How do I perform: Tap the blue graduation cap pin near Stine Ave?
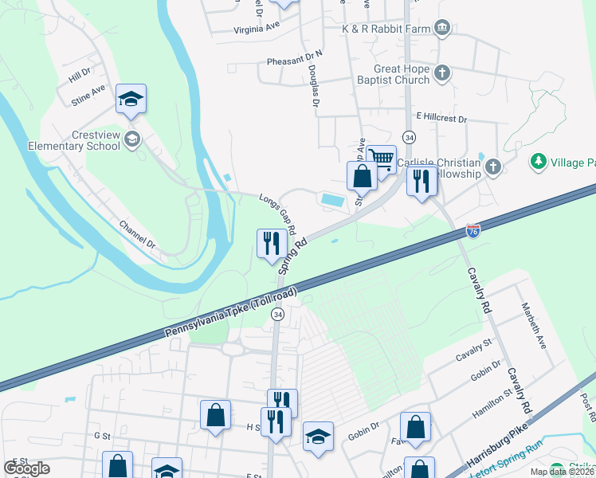(x=131, y=100)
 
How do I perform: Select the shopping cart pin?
(x=382, y=159)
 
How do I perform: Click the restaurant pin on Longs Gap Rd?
(x=272, y=242)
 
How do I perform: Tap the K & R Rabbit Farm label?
(x=386, y=29)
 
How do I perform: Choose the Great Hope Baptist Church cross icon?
(x=443, y=73)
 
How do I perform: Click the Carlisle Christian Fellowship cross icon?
(x=493, y=167)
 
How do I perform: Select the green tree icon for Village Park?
(x=539, y=162)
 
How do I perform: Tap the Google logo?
(x=26, y=468)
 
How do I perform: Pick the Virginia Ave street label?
(x=257, y=25)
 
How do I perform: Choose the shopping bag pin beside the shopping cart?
(x=362, y=176)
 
